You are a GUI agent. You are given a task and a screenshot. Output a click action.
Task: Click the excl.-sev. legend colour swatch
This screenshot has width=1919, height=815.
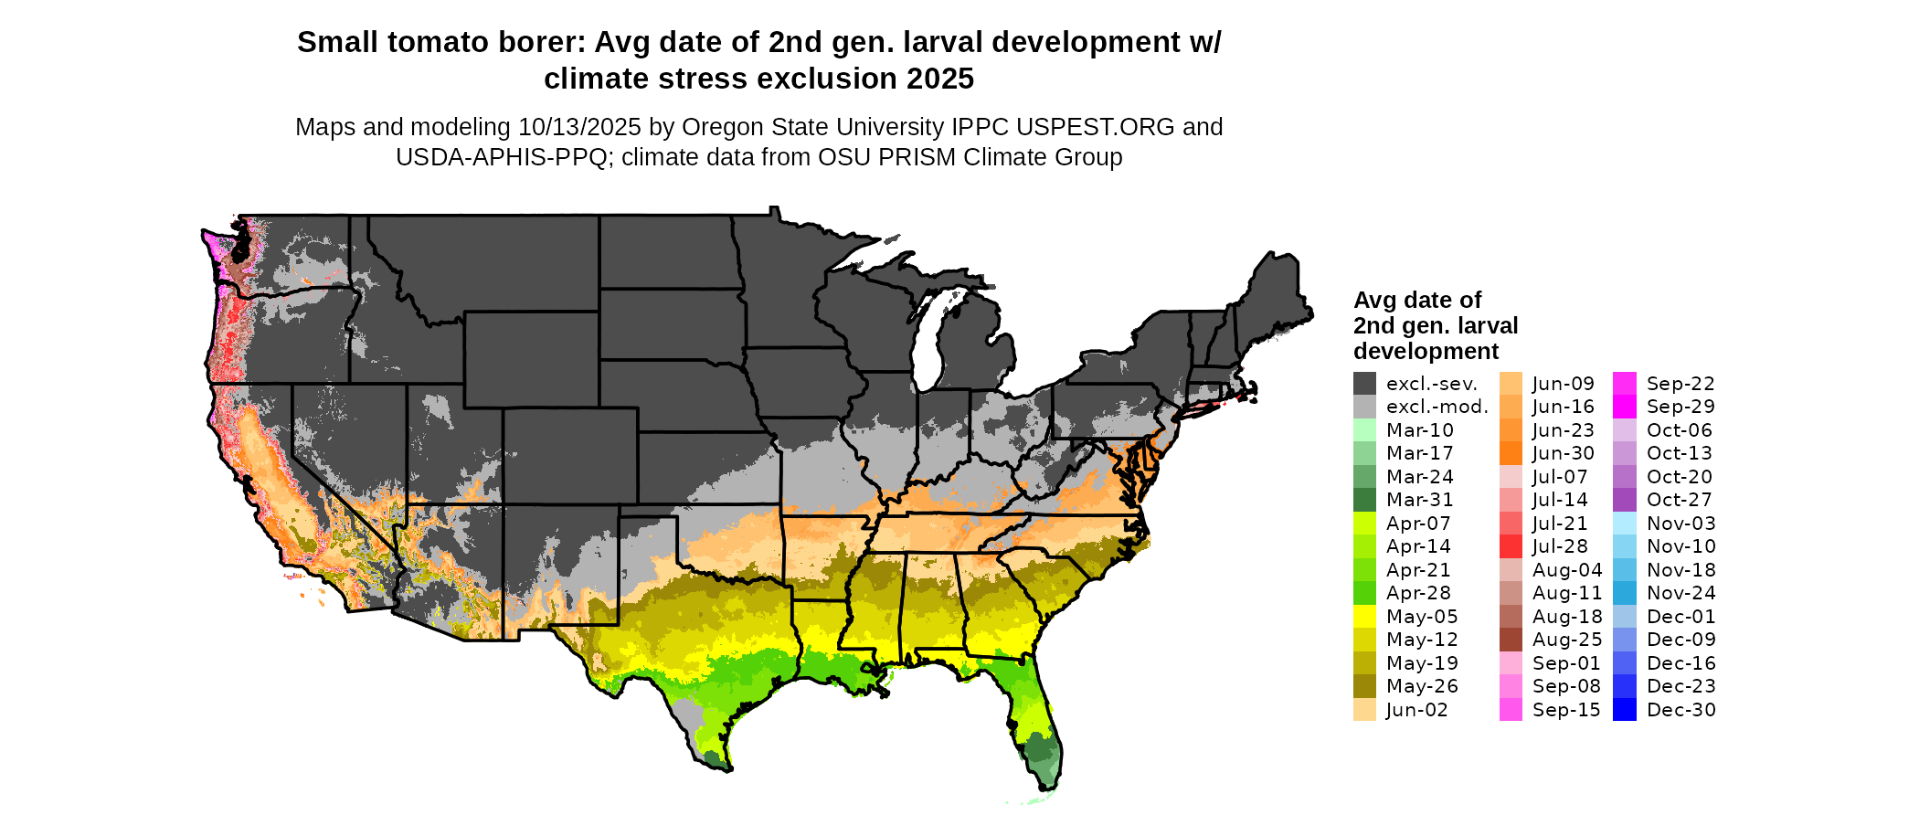click(x=1364, y=384)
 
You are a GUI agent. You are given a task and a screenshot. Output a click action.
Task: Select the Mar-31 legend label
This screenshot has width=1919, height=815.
click(x=1419, y=500)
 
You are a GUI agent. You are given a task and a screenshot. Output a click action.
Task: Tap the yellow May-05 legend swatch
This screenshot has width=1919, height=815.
click(x=1364, y=617)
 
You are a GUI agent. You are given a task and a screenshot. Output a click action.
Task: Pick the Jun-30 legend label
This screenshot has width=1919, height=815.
click(x=1563, y=453)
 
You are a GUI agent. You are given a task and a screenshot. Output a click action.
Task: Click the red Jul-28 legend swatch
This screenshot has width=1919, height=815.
click(x=1511, y=546)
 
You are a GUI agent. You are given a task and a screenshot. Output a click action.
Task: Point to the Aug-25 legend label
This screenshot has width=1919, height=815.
click(x=1566, y=640)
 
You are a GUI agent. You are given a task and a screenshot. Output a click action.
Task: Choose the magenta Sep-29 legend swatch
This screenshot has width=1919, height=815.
click(x=1625, y=407)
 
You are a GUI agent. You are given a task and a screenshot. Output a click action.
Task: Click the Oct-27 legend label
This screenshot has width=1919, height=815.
click(x=1679, y=500)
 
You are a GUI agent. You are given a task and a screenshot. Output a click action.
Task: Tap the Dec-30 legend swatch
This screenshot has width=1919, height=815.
click(x=1625, y=710)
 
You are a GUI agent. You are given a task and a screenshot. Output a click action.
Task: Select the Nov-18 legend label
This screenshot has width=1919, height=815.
click(x=1680, y=570)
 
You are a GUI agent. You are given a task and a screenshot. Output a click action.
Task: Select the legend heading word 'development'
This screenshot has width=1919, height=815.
click(x=1426, y=352)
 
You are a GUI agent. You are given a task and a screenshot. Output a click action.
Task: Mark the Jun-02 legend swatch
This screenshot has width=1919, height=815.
click(x=1364, y=710)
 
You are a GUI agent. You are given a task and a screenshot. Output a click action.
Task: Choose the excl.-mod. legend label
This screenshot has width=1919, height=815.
click(x=1437, y=407)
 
